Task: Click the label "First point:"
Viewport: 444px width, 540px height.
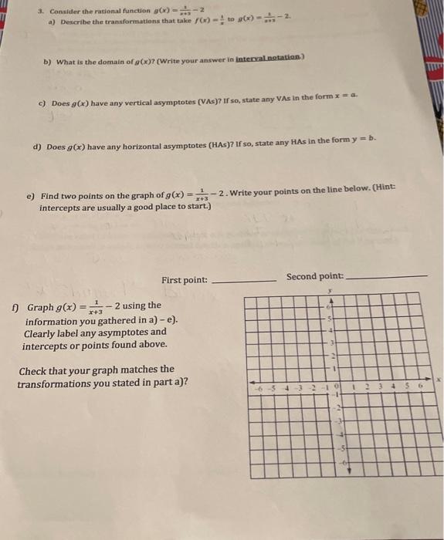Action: (x=184, y=279)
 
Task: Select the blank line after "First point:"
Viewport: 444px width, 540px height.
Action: (x=242, y=281)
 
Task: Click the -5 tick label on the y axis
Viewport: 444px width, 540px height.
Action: (x=337, y=448)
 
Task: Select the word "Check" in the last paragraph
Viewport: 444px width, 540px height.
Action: (x=35, y=370)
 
